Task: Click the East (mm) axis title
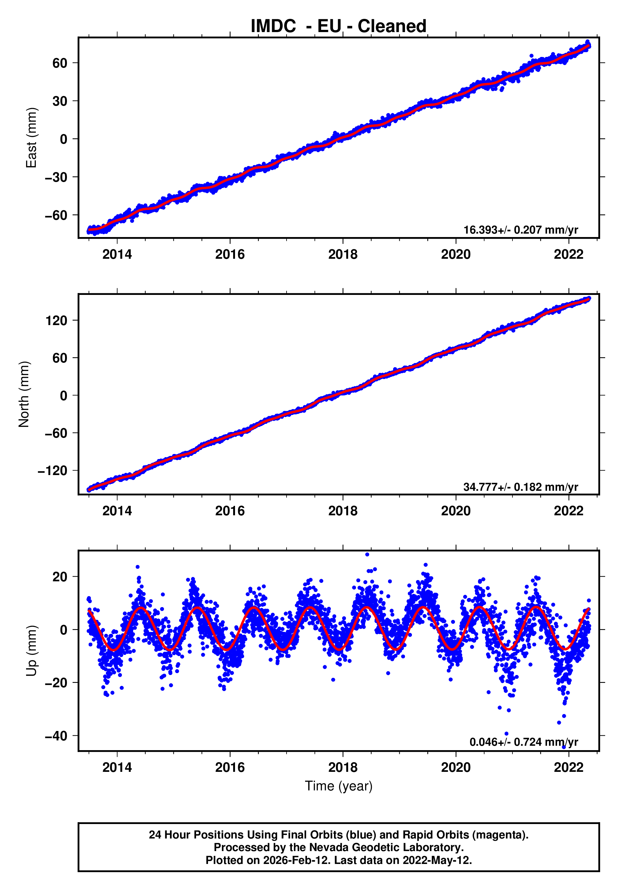click(31, 138)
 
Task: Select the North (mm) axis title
click(24, 394)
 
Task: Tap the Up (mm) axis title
click(31, 651)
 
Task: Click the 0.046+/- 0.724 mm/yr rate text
click(523, 742)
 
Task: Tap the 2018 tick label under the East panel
click(343, 255)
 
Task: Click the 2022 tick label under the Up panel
click(568, 767)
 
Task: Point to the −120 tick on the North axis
click(52, 471)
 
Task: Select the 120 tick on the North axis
click(56, 321)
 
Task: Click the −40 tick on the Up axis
click(56, 736)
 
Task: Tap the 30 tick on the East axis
click(60, 101)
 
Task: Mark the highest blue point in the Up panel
click(367, 555)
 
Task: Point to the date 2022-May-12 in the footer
click(437, 860)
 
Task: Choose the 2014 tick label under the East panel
click(117, 255)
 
